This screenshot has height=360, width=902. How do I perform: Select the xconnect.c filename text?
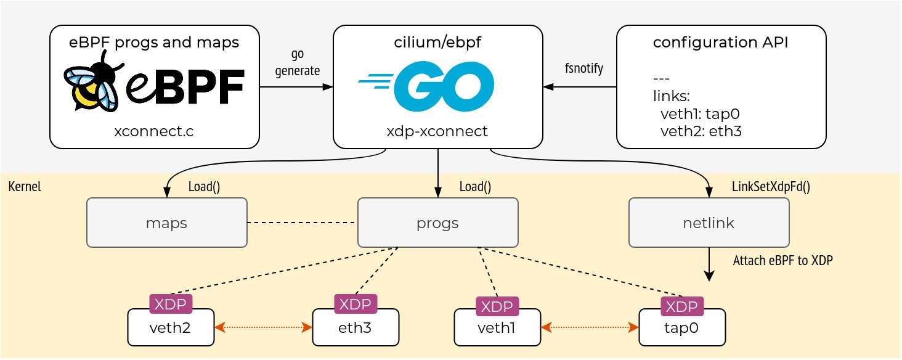(x=153, y=131)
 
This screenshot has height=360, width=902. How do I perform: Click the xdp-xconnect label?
(x=437, y=131)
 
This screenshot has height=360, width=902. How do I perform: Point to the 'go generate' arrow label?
(x=298, y=63)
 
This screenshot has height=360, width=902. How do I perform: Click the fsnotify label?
(x=583, y=68)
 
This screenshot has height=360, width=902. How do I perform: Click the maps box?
(x=166, y=223)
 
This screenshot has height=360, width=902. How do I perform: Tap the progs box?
(x=437, y=223)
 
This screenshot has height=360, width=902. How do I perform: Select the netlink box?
(x=708, y=223)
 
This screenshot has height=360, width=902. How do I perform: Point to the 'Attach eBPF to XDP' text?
(x=782, y=261)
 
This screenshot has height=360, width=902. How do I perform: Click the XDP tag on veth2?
(x=171, y=303)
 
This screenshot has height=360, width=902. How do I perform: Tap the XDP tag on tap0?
(x=682, y=306)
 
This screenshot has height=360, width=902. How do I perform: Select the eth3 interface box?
(x=356, y=327)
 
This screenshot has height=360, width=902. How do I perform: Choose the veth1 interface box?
(x=496, y=327)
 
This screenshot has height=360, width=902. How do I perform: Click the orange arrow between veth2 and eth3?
(x=264, y=327)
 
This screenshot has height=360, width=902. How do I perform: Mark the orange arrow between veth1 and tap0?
(x=589, y=327)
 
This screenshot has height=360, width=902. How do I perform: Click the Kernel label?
(x=25, y=187)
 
